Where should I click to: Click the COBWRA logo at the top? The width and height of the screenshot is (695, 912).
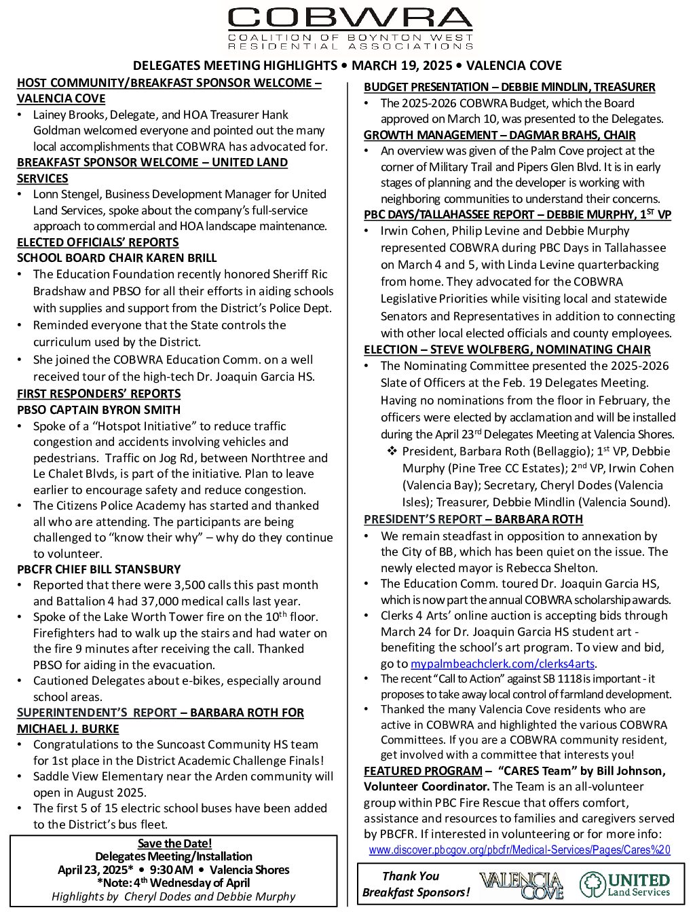(x=350, y=28)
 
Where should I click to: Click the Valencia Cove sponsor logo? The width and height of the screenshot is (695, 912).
(x=521, y=885)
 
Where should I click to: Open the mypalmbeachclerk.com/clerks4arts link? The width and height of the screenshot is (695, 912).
(x=503, y=664)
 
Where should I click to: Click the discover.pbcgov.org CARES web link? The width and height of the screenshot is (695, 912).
(x=519, y=850)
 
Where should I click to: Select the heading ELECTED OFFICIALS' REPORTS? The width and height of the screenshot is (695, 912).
(x=98, y=242)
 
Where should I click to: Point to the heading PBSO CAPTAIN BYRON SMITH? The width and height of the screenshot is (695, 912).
(x=98, y=410)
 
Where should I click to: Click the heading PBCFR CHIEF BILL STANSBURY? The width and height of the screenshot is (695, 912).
(x=98, y=569)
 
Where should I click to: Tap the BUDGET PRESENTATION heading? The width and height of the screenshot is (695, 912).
(x=509, y=87)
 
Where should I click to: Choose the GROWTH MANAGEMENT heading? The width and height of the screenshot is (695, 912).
(x=500, y=135)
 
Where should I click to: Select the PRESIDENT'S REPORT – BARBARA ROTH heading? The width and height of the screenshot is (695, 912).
(x=473, y=519)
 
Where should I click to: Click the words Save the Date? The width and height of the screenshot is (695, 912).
(x=174, y=843)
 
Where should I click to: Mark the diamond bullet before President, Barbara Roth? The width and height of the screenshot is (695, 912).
(x=392, y=451)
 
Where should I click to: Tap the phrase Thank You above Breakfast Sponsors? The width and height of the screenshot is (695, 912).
(x=411, y=876)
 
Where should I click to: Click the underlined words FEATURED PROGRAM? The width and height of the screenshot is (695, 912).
(x=423, y=771)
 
